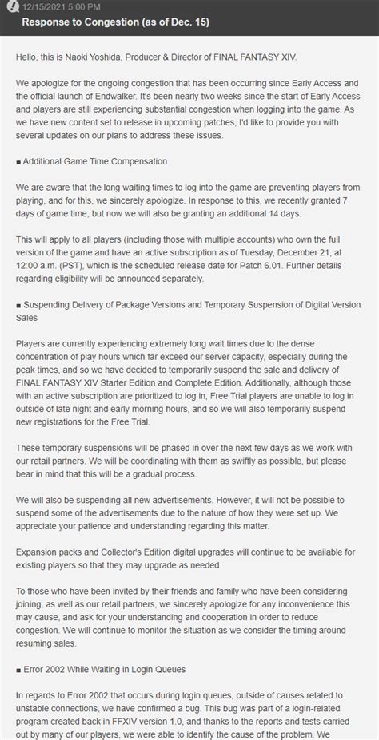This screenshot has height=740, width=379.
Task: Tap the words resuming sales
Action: click(x=51, y=640)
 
